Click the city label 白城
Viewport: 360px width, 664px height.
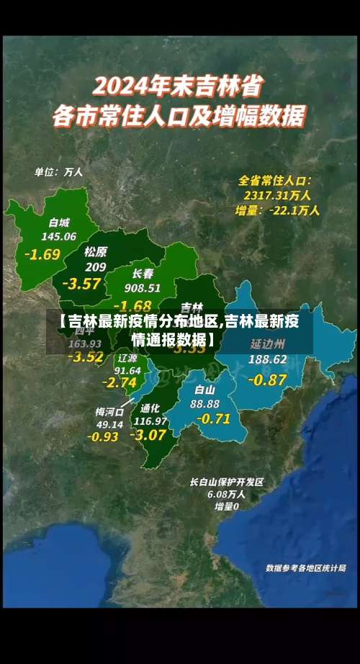click(x=59, y=223)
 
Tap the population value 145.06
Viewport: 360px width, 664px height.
click(x=59, y=236)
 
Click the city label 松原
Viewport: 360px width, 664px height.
click(x=95, y=252)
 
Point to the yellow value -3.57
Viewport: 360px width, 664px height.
click(x=81, y=284)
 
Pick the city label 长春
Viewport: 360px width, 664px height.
click(x=143, y=274)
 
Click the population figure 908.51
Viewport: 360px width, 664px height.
click(x=143, y=287)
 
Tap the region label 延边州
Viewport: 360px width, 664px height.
click(x=268, y=344)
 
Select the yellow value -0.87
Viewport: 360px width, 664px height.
click(x=267, y=380)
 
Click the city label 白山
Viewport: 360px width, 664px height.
click(x=205, y=390)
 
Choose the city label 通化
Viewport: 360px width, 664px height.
click(x=150, y=408)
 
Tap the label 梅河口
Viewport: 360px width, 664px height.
click(x=109, y=412)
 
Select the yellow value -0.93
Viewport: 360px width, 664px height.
click(x=103, y=436)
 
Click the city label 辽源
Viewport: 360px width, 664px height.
click(x=127, y=358)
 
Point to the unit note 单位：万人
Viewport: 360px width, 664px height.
click(x=59, y=172)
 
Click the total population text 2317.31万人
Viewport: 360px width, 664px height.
click(x=277, y=194)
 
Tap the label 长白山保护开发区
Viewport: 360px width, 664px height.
click(x=227, y=482)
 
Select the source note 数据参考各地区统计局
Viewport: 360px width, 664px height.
click(x=305, y=568)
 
